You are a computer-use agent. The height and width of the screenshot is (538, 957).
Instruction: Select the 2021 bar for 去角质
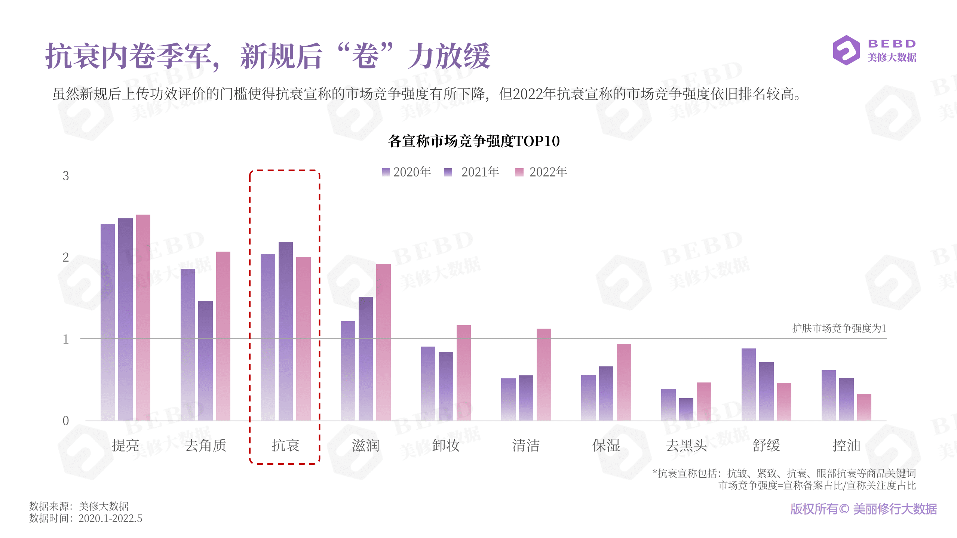[x=205, y=360]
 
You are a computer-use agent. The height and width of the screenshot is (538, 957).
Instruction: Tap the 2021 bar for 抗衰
[x=285, y=331]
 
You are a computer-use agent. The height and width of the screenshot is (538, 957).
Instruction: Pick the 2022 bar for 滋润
[x=383, y=342]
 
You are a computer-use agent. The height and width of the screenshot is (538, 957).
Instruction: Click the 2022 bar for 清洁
[x=543, y=374]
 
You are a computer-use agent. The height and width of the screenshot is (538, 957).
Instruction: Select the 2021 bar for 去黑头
[x=686, y=409]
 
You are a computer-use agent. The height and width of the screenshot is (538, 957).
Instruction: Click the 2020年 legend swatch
[x=386, y=172]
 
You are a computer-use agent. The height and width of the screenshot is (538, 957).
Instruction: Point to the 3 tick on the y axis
[x=66, y=176]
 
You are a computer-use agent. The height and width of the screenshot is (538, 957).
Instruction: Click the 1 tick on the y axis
[x=66, y=339]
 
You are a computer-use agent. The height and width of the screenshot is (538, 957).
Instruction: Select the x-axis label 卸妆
[x=445, y=445]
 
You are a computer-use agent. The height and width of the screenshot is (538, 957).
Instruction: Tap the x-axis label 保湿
[x=606, y=445]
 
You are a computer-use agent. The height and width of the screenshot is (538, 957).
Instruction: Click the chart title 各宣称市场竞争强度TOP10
[x=474, y=141]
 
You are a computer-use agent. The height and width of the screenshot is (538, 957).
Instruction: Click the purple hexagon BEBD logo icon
[x=846, y=50]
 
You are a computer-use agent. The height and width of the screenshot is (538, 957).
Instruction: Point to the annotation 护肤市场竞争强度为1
[x=839, y=328]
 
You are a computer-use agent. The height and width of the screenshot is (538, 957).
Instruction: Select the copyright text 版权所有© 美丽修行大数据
[x=863, y=509]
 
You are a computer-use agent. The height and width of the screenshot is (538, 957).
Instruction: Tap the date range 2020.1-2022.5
[x=110, y=518]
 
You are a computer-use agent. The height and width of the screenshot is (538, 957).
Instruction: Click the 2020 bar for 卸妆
[x=428, y=383]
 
